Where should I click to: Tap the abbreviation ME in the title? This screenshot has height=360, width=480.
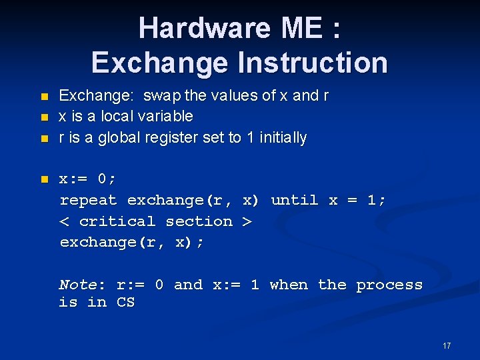(304, 28)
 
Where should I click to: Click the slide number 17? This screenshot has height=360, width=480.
(447, 345)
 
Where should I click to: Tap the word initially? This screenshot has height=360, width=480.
(283, 138)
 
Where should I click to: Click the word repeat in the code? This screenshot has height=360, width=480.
(88, 200)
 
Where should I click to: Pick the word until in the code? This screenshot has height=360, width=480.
(294, 200)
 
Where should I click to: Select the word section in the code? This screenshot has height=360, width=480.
(199, 221)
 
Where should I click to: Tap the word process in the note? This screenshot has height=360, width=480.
(389, 285)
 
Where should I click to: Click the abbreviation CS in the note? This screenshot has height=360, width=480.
(125, 302)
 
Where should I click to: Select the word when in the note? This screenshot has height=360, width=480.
(289, 285)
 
